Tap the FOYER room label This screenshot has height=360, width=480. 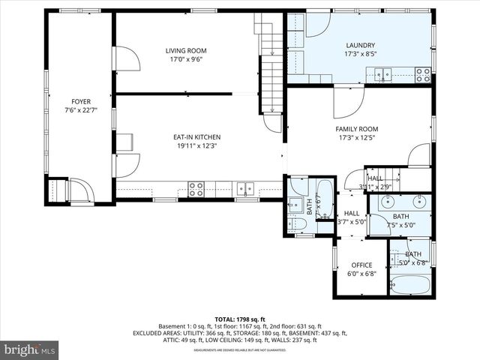(81, 101)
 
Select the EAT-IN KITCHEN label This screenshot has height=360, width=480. (196, 137)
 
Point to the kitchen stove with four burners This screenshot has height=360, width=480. (196, 189)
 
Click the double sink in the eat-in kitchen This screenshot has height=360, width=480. (244, 189)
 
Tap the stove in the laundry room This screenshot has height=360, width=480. (423, 74)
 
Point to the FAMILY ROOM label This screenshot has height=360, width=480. (356, 129)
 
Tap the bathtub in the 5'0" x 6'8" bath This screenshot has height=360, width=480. (410, 285)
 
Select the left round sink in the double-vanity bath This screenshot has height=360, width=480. (388, 202)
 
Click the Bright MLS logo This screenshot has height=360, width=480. (30, 349)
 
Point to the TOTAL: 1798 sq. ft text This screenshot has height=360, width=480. (240, 319)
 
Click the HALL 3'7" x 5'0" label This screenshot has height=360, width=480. (351, 217)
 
